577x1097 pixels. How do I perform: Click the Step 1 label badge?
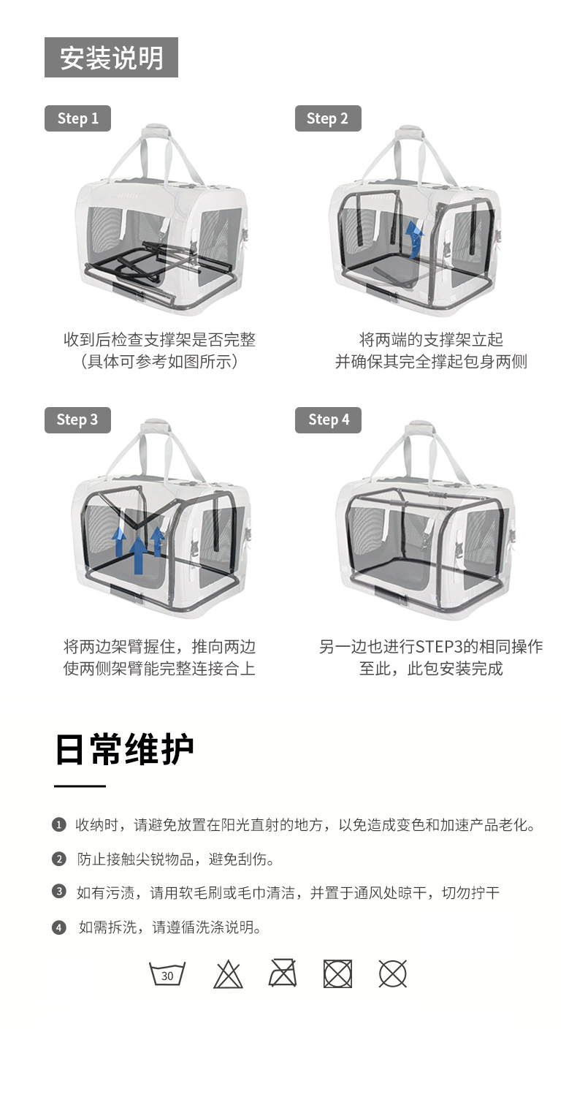77,118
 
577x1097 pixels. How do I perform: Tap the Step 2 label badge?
327,118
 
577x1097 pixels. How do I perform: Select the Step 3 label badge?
77,420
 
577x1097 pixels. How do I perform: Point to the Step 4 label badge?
328,420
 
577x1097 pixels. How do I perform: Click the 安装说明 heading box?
111,58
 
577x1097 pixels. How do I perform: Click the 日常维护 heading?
124,749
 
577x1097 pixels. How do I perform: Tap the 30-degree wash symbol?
167,974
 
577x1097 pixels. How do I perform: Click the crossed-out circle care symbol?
392,974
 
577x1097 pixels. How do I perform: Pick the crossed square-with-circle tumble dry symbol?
337,974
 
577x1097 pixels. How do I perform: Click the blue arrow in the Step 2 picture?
415,240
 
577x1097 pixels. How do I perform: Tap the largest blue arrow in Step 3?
137,553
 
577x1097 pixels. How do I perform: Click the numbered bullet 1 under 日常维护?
59,825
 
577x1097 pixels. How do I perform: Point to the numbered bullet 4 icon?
59,927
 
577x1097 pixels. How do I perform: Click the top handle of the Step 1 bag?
154,132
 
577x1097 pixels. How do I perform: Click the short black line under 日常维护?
80,786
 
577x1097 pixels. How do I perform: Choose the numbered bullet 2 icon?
59,859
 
